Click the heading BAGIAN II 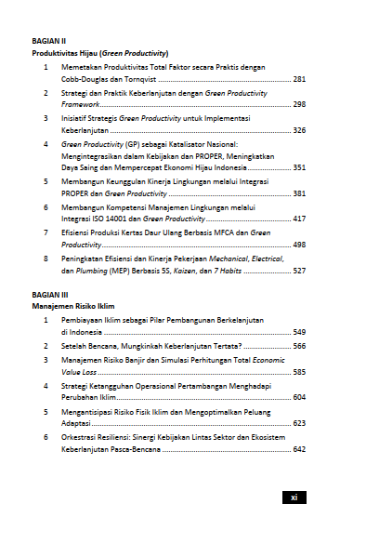pos(48,42)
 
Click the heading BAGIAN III pos(49,293)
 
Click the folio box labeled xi pos(293,498)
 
